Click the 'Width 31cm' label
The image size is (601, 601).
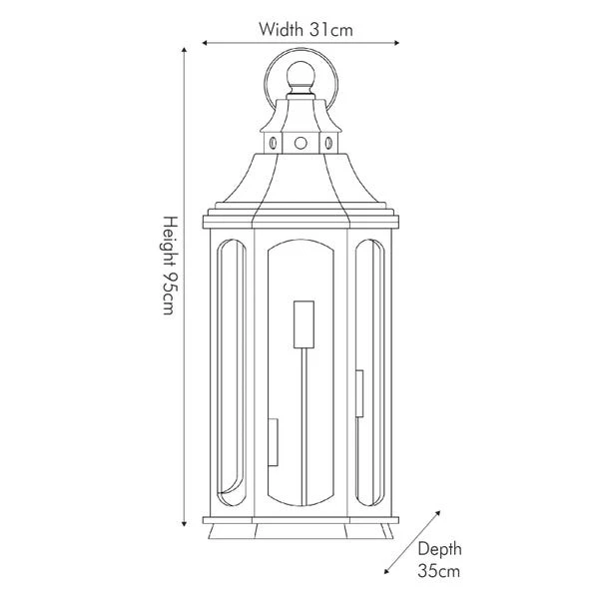pos(305,29)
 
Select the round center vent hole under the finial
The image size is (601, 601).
pos(300,144)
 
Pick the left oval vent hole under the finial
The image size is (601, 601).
pos(271,144)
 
